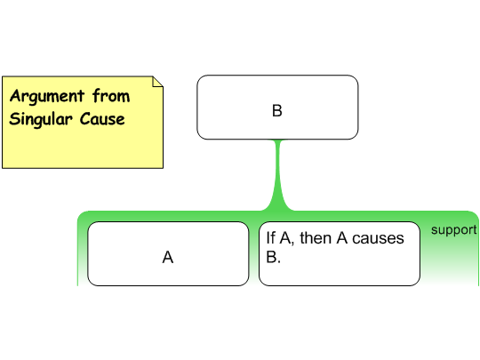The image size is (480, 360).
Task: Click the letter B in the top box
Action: [x=277, y=110]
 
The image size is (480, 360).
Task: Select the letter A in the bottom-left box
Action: [x=168, y=257]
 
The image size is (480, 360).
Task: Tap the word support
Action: [x=453, y=229]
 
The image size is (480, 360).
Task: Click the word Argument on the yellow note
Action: [x=47, y=96]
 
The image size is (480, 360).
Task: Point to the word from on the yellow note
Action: [x=111, y=95]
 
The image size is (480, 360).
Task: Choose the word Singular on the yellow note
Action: [x=41, y=119]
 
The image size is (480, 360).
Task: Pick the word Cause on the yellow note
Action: [x=102, y=119]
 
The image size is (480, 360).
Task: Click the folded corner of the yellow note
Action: [x=157, y=82]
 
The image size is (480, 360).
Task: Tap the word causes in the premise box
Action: [x=378, y=238]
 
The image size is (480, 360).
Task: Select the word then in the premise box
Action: [x=316, y=238]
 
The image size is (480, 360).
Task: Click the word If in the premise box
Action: [x=270, y=238]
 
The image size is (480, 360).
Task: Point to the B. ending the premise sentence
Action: [x=273, y=257]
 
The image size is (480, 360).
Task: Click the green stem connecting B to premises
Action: [x=277, y=174]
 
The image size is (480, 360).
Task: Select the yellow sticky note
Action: [x=83, y=122]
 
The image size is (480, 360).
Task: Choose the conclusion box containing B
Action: [x=277, y=108]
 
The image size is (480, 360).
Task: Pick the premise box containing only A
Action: [x=168, y=253]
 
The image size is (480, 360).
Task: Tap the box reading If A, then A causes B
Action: [x=340, y=253]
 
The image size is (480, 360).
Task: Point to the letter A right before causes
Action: [x=342, y=238]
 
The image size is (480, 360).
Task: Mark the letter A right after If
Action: [x=285, y=238]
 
